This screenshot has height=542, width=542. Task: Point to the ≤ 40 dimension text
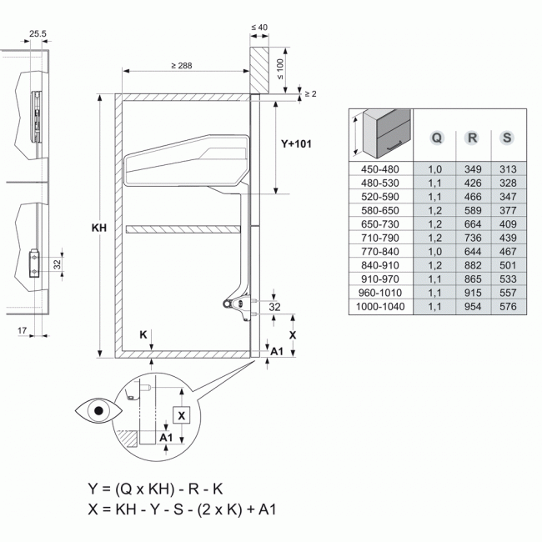click(258, 28)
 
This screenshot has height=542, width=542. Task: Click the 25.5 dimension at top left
click(37, 34)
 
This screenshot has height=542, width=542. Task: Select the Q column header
click(435, 137)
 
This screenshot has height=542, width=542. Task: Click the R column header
click(472, 137)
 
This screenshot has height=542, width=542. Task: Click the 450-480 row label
click(379, 169)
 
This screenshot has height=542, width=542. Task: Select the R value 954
click(472, 307)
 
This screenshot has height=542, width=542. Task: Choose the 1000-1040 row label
click(379, 307)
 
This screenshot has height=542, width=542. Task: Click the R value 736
click(472, 238)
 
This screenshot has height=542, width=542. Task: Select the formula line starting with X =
click(181, 507)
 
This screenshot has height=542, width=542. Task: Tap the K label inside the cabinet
click(143, 334)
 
